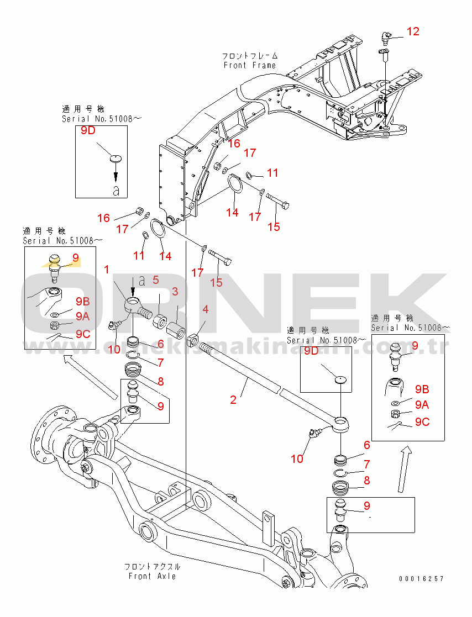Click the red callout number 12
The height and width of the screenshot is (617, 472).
click(413, 31)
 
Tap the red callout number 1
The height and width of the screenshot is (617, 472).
click(107, 270)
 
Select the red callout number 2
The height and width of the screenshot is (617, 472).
click(233, 399)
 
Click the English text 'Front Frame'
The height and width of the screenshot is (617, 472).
click(249, 65)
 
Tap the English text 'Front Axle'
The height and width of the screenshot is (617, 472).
click(152, 576)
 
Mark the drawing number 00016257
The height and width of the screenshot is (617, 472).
click(421, 579)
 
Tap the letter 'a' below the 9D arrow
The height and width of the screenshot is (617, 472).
click(116, 191)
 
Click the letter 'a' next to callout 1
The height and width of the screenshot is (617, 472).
click(142, 281)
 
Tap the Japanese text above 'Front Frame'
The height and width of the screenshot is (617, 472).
click(250, 56)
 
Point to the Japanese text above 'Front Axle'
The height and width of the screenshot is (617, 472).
click(152, 567)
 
